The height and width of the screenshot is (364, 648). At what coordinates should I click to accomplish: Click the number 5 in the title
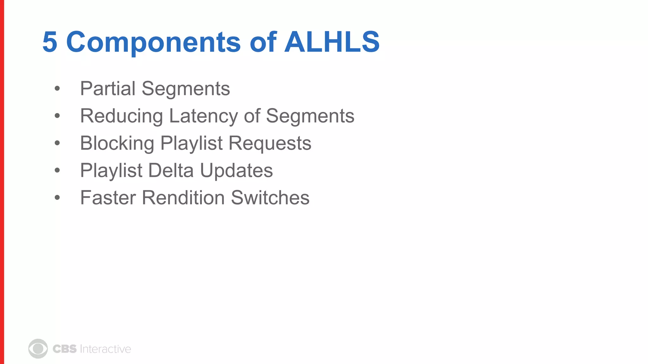50,42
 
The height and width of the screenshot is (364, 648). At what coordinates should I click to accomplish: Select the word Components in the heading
153,43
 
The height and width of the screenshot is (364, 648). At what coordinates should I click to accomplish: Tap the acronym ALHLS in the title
332,42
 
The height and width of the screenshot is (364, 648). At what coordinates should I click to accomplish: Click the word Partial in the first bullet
108,88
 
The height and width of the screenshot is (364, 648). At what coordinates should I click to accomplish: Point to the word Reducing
121,116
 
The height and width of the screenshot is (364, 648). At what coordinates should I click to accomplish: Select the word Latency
203,116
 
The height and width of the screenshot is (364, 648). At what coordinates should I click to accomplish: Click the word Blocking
117,143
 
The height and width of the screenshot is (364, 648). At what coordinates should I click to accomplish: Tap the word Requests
270,143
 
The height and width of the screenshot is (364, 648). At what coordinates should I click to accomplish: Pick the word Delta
171,171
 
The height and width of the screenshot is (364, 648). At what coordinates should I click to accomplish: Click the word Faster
108,198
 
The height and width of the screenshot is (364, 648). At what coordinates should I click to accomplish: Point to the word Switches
270,198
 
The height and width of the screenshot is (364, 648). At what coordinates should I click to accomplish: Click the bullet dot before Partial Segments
57,89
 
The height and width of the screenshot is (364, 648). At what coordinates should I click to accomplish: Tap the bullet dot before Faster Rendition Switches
57,198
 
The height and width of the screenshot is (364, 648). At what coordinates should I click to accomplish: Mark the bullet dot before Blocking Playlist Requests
57,143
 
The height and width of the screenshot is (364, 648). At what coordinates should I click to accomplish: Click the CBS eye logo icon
38,349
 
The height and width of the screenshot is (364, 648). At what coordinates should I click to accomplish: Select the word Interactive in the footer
105,349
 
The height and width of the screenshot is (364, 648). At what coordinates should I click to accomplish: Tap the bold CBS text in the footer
65,349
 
